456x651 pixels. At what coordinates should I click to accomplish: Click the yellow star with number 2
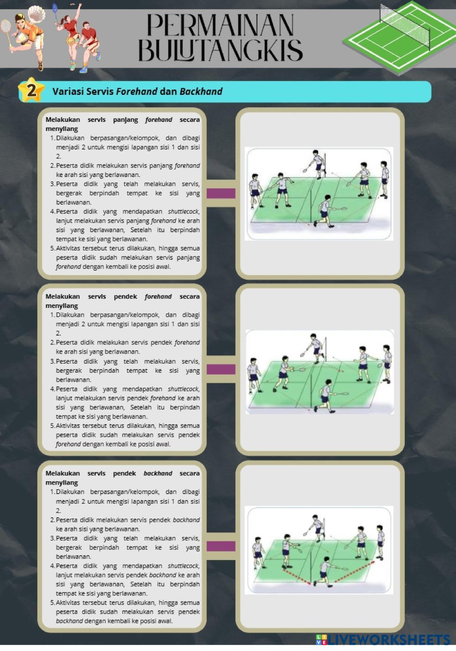31,90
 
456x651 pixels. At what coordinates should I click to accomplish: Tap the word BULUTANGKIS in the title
220,50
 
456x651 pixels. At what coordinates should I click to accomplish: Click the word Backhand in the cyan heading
201,91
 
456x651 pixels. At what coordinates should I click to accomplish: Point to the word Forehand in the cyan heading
136,91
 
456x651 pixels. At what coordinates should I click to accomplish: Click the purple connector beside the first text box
221,193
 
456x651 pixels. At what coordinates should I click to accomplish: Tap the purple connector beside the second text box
221,370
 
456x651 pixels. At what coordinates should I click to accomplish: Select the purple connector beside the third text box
221,546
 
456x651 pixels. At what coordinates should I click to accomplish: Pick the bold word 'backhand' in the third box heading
158,474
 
